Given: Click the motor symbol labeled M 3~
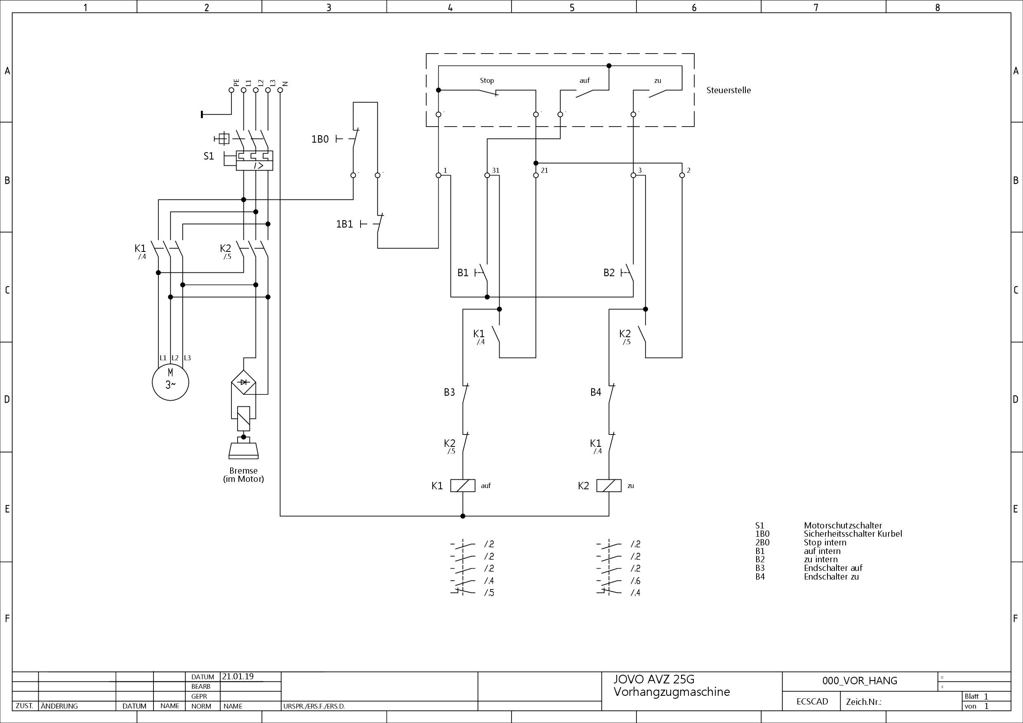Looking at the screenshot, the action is coord(170,382).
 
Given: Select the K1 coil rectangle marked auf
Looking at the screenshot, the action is coord(462,486).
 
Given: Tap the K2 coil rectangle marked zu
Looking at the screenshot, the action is coord(608,486).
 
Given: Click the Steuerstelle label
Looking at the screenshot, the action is coord(728,90).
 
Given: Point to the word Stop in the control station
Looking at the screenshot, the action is coord(487,80).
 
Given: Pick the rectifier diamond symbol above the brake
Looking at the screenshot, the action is coord(243,382).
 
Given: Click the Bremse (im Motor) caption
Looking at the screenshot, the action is coord(243,474).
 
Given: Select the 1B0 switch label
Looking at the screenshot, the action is coord(320,139).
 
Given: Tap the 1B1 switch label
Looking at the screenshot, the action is coord(344,224).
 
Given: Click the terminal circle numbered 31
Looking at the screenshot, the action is coord(487,176).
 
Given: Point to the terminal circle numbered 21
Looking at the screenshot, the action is coord(536,176).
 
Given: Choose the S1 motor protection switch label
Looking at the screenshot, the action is coord(209,156).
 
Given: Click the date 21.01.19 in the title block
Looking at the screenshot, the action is coord(238,676).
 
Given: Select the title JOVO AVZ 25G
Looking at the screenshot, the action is coord(654,679).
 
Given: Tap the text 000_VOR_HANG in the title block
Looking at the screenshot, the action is coord(860,681).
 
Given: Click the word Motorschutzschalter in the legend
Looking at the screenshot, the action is coord(843,525).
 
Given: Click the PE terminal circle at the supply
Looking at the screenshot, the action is coord(231,90).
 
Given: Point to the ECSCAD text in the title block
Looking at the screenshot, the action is coord(812,702).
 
